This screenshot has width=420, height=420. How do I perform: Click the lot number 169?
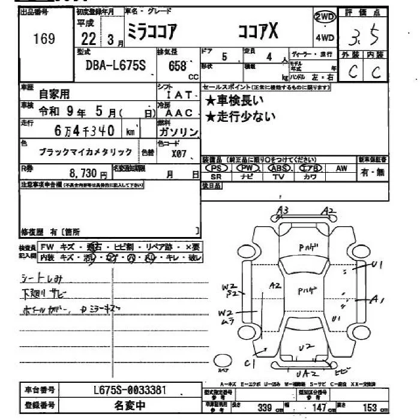(44, 39)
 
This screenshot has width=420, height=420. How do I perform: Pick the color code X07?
(178, 154)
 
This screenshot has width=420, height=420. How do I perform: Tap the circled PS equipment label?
(215, 169)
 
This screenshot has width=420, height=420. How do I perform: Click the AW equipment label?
(341, 169)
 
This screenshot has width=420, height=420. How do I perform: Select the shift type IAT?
(179, 95)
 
